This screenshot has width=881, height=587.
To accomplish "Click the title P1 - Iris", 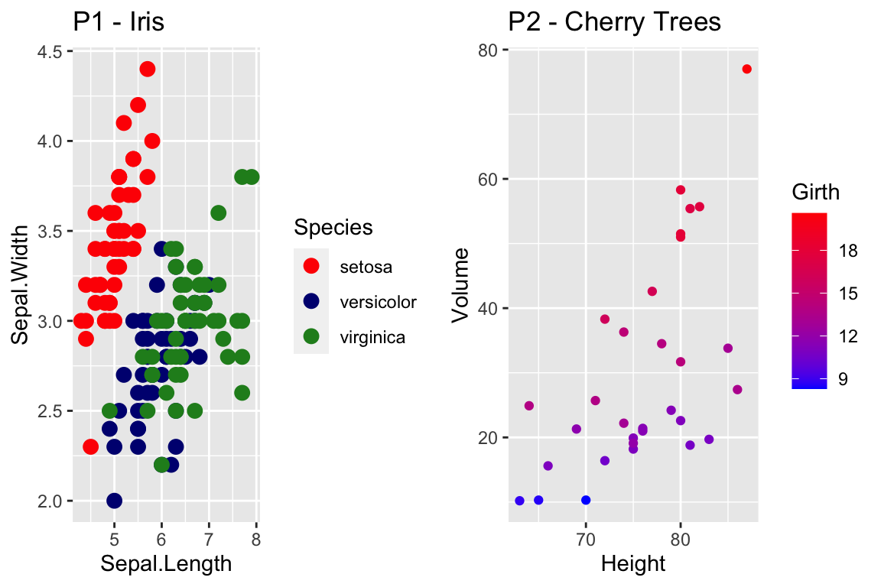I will (x=119, y=22).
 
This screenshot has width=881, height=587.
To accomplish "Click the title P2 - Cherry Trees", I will (x=614, y=22).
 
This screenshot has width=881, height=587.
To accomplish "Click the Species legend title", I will (x=333, y=227).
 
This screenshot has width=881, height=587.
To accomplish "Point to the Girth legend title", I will (x=815, y=193).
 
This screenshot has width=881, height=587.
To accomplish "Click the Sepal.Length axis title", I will (x=166, y=564).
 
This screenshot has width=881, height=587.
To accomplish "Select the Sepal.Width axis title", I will (x=21, y=285).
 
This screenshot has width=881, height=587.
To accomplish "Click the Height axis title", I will (x=633, y=564).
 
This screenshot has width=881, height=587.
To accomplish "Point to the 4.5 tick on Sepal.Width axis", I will (x=51, y=51).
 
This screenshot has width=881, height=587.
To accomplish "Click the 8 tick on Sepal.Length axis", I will (x=256, y=538).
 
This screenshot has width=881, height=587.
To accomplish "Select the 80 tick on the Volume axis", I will (x=489, y=50).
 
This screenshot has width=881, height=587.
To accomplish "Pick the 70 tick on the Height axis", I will (x=586, y=538).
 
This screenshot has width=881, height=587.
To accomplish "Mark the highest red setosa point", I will (x=148, y=69).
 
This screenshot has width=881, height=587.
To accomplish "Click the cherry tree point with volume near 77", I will (x=747, y=70).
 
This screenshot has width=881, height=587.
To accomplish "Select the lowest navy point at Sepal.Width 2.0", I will (x=115, y=501).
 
